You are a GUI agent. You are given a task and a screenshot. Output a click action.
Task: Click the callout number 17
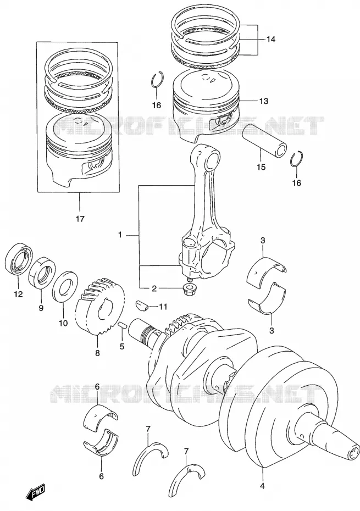click(x=80, y=219)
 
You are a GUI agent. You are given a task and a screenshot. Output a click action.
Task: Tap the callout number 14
click(x=270, y=40)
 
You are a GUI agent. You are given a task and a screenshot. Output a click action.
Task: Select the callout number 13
click(x=264, y=101)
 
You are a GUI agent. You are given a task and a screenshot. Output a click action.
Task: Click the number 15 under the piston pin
click(x=261, y=167)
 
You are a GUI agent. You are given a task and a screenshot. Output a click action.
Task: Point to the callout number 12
click(x=18, y=295)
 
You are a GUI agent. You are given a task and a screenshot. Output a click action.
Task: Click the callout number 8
click(x=97, y=353)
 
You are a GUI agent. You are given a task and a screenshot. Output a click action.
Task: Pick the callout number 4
click(x=262, y=487)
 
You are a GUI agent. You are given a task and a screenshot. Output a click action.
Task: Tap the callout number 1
click(x=120, y=235)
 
